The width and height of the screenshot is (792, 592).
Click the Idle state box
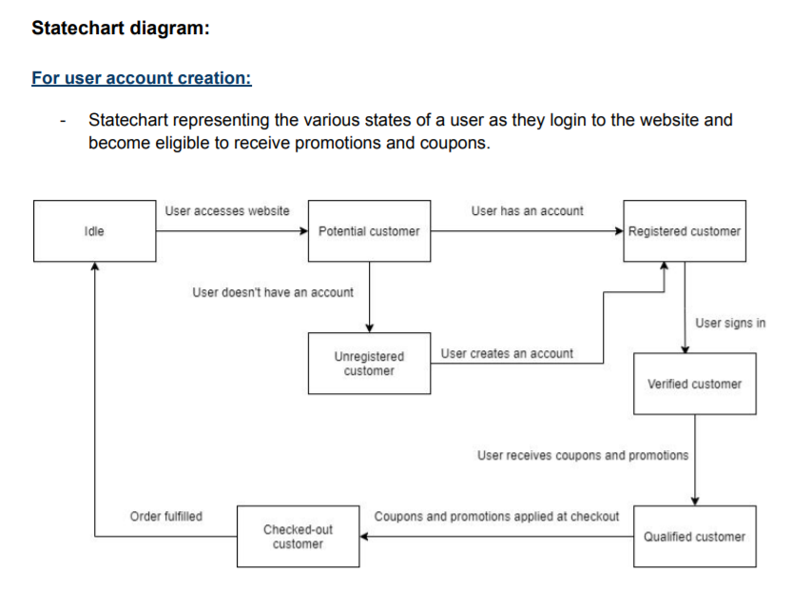pos(94,231)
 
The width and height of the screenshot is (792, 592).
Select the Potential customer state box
pos(369,231)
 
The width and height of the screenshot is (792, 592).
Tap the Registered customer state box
pos(685,231)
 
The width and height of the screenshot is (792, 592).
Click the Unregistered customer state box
pos(369,363)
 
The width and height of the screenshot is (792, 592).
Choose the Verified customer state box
pos(694,384)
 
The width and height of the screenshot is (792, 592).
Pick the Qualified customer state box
pos(694,536)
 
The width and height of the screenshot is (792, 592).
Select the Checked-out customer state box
pos(299,536)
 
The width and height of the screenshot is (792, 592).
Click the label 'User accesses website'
pos(227,210)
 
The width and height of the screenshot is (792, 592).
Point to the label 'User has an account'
pos(527,210)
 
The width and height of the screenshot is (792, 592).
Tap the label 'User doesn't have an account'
pos(273,292)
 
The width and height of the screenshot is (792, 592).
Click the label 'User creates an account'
pos(507,353)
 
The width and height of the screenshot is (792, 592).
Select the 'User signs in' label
pos(730,323)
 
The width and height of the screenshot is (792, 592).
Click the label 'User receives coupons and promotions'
pos(582,455)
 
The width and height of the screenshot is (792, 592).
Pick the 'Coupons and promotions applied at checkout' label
pos(496,516)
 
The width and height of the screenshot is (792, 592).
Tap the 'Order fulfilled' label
pos(165,516)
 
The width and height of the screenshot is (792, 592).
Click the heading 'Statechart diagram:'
pos(120,29)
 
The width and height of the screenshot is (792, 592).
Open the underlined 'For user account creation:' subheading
pos(142,77)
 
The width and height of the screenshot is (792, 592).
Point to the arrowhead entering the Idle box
pos(94,267)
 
